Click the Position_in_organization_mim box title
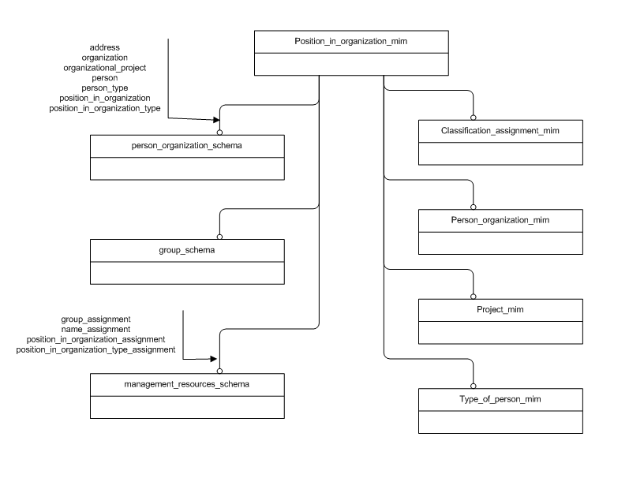click(x=351, y=42)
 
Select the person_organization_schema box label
click(x=186, y=146)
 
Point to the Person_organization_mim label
click(x=500, y=220)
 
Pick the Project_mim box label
click(x=500, y=310)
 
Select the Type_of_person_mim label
click(x=500, y=401)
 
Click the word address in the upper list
click(x=104, y=48)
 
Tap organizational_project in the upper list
click(x=104, y=69)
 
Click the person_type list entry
click(x=104, y=88)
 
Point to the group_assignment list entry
click(x=95, y=319)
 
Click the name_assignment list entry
click(x=95, y=329)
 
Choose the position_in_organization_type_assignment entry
click(x=95, y=349)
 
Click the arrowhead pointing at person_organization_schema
click(x=214, y=120)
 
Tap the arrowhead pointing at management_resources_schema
click(x=213, y=357)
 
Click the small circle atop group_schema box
click(x=219, y=236)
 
